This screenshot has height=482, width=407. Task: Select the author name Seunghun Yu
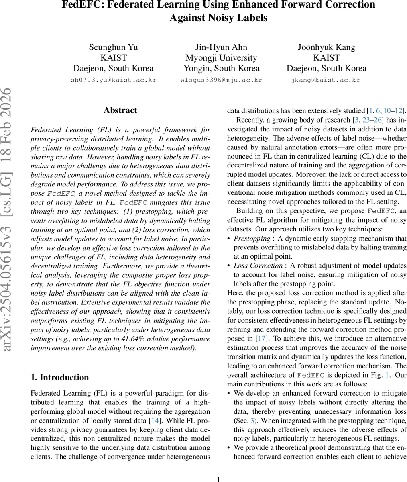(x=113, y=47)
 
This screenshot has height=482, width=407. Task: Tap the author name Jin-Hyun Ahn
(x=221, y=47)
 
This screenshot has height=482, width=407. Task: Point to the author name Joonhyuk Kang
(x=326, y=47)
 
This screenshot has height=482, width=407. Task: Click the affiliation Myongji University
(x=221, y=57)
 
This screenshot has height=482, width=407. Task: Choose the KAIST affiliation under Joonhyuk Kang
(x=326, y=57)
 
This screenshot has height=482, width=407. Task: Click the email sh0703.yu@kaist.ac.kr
(x=113, y=80)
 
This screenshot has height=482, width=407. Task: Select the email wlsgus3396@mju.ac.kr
(x=221, y=80)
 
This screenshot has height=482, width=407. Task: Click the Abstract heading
(x=120, y=110)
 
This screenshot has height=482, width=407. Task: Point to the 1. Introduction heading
(x=60, y=377)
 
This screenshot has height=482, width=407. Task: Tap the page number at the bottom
(x=218, y=479)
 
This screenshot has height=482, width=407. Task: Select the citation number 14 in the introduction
(x=154, y=420)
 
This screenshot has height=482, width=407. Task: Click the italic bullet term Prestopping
(x=252, y=238)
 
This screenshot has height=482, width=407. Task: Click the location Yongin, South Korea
(x=221, y=68)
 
